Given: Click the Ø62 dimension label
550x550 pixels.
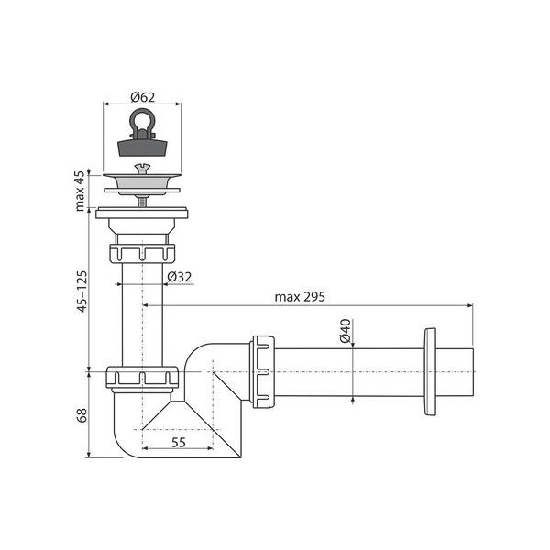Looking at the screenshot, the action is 142,97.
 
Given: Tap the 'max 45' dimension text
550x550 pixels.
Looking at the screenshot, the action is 80,192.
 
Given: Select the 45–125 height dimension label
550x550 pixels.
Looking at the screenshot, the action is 82,291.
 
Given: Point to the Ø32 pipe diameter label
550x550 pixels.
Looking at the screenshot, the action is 180,277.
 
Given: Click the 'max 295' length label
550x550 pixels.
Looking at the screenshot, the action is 300,297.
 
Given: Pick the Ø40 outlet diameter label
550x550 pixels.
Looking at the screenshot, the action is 346,330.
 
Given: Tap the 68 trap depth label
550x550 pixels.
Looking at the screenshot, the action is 82,415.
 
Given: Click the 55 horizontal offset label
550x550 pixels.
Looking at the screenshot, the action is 178,443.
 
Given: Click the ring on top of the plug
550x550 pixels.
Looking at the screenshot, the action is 142,120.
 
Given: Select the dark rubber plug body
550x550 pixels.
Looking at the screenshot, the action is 142,148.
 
